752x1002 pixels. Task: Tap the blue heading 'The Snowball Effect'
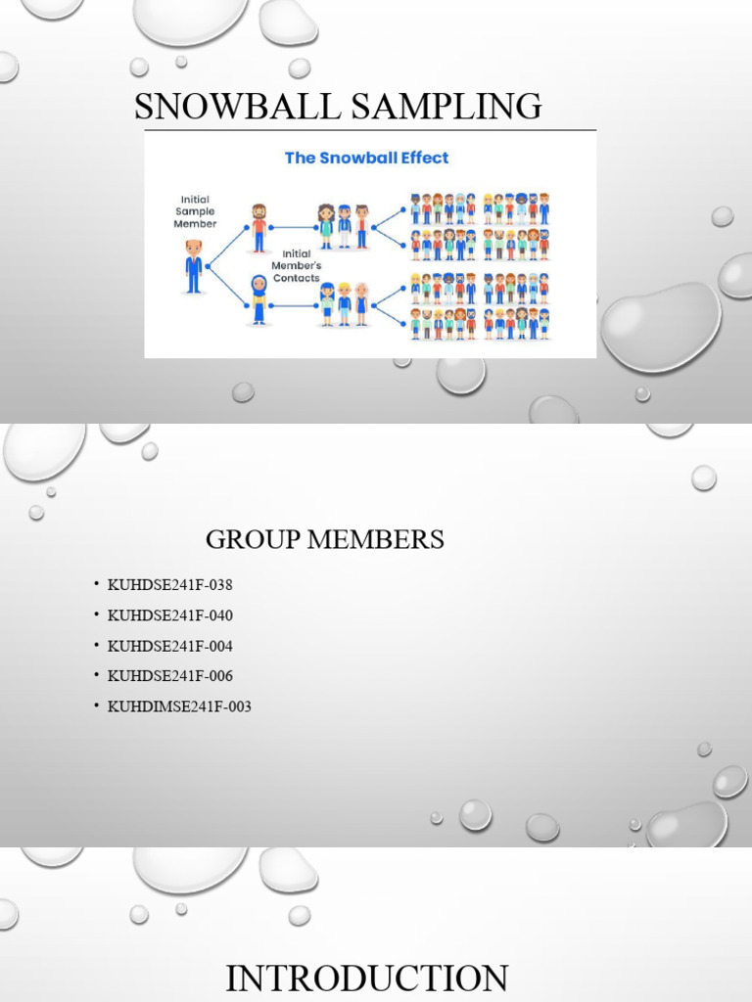(366, 157)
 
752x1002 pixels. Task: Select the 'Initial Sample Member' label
(195, 210)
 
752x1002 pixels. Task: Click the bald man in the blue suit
(194, 266)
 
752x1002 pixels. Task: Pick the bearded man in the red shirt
(258, 227)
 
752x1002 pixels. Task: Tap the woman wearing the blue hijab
(258, 298)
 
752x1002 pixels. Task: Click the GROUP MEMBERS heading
(324, 539)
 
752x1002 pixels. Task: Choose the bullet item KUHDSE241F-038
(169, 585)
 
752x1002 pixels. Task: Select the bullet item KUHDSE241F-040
(169, 615)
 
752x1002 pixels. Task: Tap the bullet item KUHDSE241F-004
(169, 646)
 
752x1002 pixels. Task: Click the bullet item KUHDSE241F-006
(169, 676)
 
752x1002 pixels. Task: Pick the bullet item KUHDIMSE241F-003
(179, 706)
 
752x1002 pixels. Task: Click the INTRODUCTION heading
(366, 979)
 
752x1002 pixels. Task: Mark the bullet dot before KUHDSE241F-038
(97, 585)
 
